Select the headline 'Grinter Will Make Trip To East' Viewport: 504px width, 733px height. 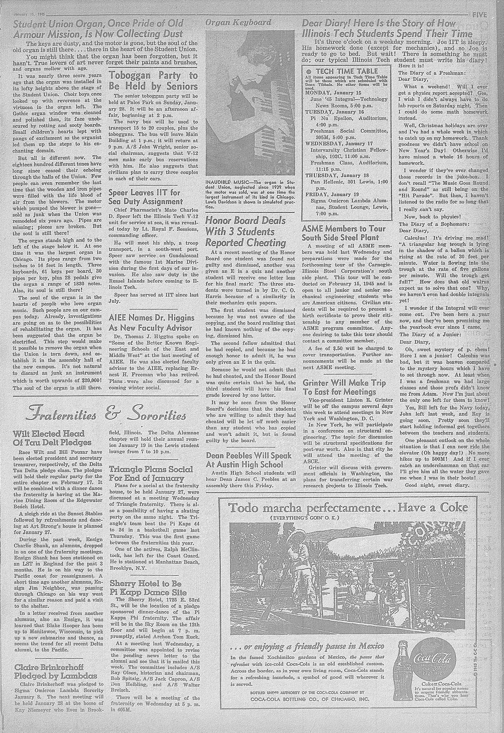click(344, 387)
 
